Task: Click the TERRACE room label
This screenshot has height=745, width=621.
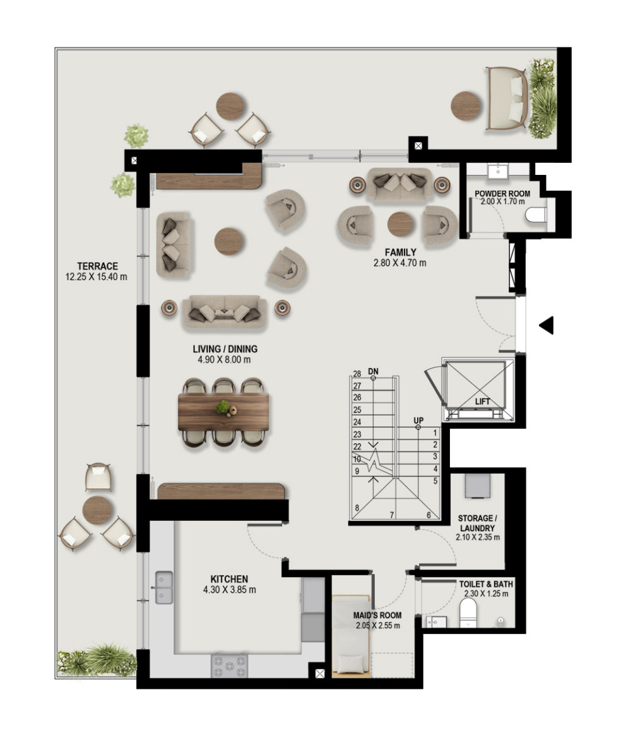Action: click(97, 266)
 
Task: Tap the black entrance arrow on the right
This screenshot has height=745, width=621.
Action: click(547, 325)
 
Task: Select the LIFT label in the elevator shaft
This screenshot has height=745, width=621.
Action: click(482, 402)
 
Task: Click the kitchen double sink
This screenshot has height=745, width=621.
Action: click(164, 587)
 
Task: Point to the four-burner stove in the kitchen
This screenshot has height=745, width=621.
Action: click(229, 665)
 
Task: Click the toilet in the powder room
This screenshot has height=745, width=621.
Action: click(536, 215)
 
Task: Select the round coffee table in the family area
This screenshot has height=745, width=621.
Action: click(400, 224)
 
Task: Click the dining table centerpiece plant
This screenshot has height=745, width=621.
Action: click(223, 407)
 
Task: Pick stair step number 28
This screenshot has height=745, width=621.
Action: click(357, 374)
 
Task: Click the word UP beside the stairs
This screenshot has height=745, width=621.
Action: click(418, 420)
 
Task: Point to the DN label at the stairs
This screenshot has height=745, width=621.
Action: click(373, 371)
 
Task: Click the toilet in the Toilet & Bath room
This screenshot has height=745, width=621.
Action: click(468, 613)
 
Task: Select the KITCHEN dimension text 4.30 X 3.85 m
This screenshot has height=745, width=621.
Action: click(229, 590)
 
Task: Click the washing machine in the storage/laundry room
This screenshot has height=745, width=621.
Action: click(478, 485)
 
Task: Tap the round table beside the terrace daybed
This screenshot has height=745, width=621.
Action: click(466, 105)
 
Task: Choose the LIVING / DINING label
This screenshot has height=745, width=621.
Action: click(225, 349)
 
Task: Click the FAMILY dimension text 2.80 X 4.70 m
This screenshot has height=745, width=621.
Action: click(399, 263)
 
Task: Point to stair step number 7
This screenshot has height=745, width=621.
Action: click(392, 515)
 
